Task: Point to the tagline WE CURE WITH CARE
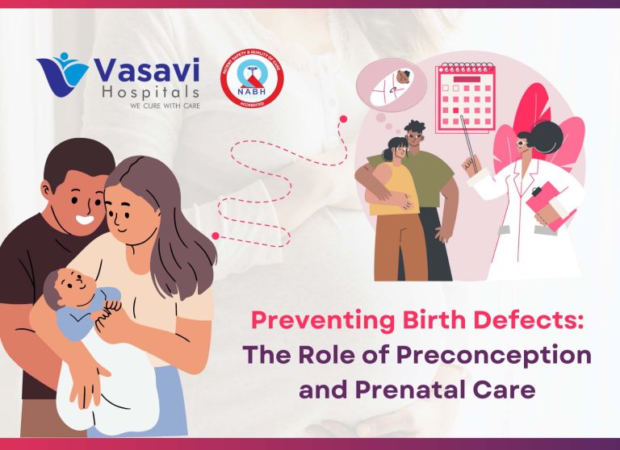tap(150, 106)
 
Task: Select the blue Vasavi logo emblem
tap(63, 78)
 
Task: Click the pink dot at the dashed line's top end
tap(343, 119)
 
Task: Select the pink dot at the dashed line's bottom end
tap(216, 236)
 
